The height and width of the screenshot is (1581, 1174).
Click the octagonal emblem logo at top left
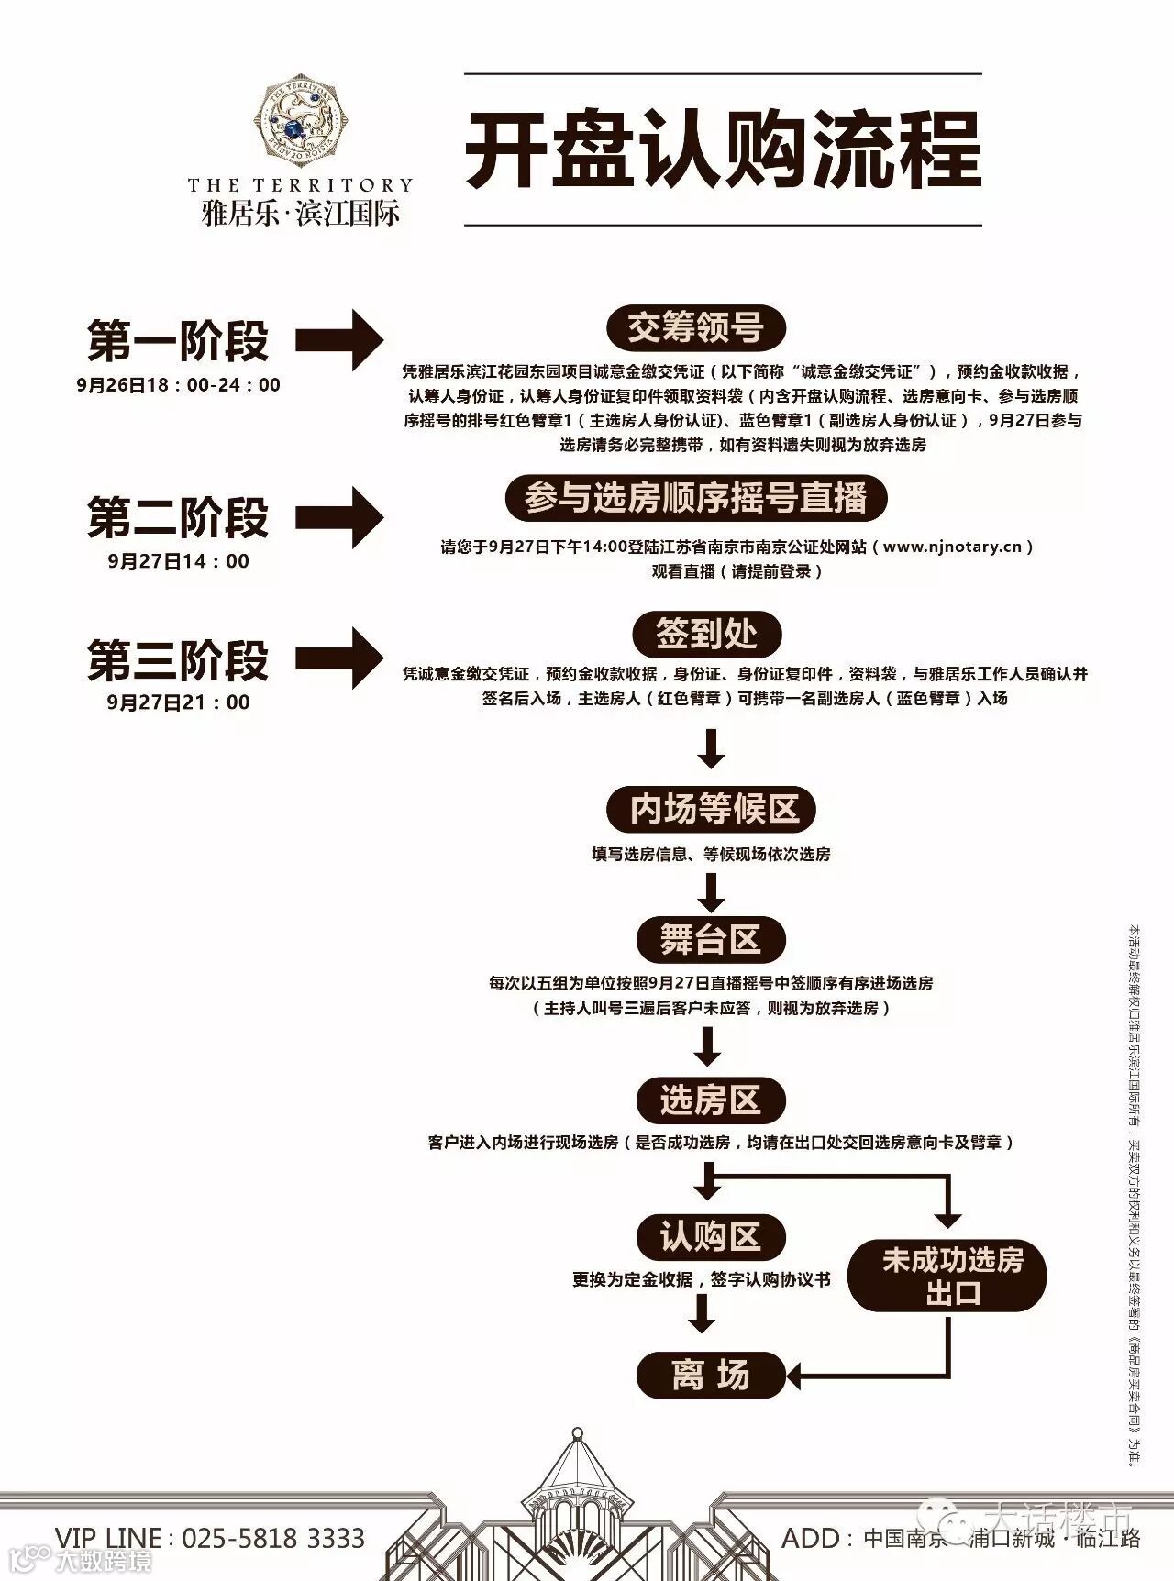tap(301, 120)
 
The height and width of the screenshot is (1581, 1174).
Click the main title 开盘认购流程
tap(723, 150)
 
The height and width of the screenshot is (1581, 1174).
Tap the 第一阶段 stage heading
tap(178, 341)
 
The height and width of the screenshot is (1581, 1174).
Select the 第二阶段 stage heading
tap(178, 518)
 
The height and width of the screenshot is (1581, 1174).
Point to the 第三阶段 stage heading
tap(178, 660)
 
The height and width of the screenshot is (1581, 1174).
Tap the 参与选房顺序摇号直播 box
tap(696, 499)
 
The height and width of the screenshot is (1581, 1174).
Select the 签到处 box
tap(706, 634)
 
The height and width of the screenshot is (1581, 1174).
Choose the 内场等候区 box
tap(711, 810)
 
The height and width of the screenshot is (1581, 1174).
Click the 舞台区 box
tap(711, 940)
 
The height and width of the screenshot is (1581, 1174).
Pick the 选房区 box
tap(711, 1100)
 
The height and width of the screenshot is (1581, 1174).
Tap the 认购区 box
tap(711, 1237)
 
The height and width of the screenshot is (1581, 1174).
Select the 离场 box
tap(711, 1376)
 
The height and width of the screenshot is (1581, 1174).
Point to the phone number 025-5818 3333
tap(273, 1538)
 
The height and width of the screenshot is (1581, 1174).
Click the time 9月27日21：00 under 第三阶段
tap(178, 702)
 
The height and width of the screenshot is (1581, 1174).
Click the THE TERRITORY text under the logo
tap(301, 185)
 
